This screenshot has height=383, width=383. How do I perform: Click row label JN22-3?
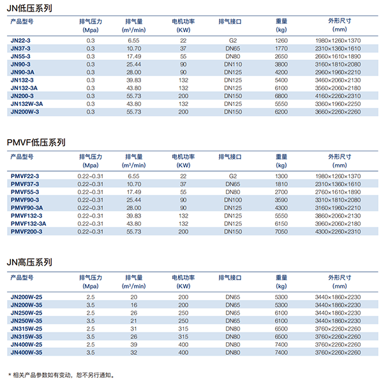pos(20,40)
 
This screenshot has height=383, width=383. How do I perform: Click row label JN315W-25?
pos(27,328)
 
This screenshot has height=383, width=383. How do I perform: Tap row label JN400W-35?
pos(27,352)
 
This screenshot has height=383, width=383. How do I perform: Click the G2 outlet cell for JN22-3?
pos(232,40)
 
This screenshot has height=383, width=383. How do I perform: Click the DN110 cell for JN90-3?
pos(232,64)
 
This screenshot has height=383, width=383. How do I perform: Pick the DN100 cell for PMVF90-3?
pos(232,200)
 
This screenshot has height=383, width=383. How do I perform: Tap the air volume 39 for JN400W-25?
pos(134,344)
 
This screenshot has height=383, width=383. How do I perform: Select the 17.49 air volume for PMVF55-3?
pos(134,191)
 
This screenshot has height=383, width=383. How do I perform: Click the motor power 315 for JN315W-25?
pos(183,328)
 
